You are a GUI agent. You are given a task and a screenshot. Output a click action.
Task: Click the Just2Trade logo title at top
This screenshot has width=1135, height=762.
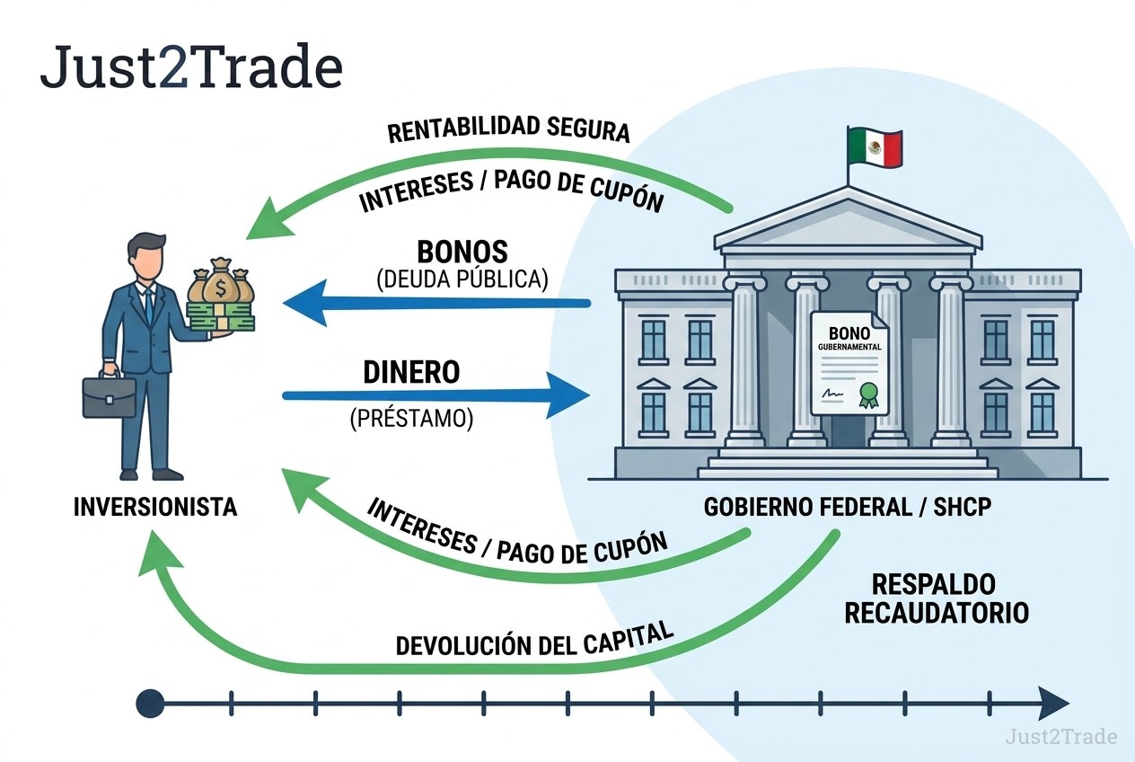[191, 67]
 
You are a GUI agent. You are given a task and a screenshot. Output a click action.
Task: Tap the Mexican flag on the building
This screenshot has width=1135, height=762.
[875, 147]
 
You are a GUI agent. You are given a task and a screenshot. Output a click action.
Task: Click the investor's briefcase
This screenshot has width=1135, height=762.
[109, 395]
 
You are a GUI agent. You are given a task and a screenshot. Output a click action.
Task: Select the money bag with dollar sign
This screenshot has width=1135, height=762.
[221, 286]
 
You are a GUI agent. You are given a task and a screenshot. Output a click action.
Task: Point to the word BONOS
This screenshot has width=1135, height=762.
[462, 251]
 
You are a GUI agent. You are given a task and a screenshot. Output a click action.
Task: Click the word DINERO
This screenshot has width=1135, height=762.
[411, 372]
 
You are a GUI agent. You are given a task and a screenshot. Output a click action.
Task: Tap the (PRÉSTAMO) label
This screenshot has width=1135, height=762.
[411, 419]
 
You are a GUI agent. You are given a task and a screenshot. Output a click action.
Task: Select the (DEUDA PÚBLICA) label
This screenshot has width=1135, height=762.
[462, 279]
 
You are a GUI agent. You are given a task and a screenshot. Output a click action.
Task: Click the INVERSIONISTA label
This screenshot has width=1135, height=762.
[155, 507]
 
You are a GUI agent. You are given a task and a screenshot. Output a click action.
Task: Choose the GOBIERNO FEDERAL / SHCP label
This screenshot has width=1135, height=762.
[848, 507]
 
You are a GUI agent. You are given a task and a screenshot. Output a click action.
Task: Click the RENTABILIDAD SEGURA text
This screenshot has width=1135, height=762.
[508, 129]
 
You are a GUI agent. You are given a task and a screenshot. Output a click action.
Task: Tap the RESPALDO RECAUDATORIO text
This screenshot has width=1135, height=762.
[937, 598]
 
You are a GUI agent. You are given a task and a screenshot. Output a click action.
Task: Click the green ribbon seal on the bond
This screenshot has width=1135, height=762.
[868, 395]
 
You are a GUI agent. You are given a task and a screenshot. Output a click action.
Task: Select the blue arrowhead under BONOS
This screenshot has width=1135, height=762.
[305, 303]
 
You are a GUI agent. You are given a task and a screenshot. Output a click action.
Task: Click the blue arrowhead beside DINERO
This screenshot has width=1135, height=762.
[567, 395]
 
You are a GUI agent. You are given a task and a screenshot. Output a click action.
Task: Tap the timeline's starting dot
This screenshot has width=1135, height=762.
[150, 704]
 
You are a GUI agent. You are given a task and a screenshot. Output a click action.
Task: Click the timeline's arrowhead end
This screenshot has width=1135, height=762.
[1053, 704]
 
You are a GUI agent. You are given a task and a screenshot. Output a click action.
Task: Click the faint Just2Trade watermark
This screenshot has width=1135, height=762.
[1061, 737]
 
